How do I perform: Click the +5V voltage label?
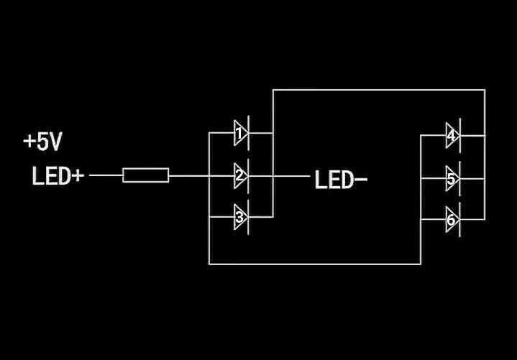coord(42,142)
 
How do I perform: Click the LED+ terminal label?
coord(58,176)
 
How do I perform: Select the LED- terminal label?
coord(340,180)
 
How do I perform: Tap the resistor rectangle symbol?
coord(146,175)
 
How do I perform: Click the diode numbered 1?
coord(241,134)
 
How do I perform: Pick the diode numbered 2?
coord(241,175)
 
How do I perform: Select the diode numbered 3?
coord(241,216)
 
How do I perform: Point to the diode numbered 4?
coord(452,135)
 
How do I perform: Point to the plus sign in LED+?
coord(77,176)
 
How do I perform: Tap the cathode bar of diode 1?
coord(248,134)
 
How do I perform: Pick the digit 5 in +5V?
coord(42,142)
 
